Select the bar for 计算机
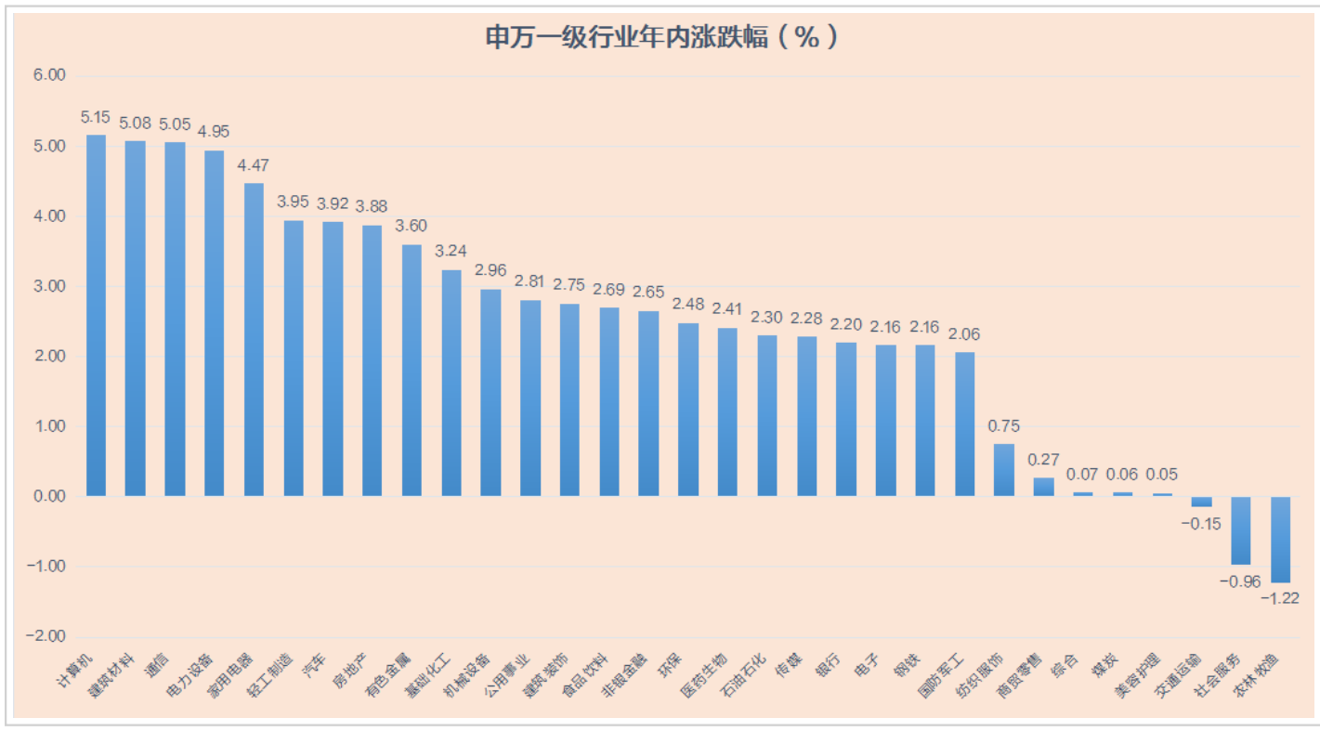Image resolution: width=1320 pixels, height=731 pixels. tap(96, 316)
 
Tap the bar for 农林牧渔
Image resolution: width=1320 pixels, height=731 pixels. tap(1281, 539)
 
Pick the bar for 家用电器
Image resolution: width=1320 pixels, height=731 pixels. tap(254, 339)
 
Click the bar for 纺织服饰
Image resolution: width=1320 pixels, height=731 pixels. tap(1004, 470)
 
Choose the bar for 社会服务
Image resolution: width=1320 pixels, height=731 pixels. tap(1241, 530)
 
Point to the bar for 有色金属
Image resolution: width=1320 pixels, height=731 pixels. tap(412, 370)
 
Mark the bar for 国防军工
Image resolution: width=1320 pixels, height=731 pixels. tap(965, 424)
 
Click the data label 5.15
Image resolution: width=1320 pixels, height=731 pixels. tap(96, 118)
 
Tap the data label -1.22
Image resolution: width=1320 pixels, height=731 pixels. tap(1279, 597)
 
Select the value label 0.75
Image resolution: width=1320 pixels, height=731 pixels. tap(1004, 426)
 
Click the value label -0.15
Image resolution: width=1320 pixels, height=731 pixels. tap(1201, 524)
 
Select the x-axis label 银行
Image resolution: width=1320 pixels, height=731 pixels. tap(829, 665)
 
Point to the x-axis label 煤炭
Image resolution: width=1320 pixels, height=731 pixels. tap(1104, 665)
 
